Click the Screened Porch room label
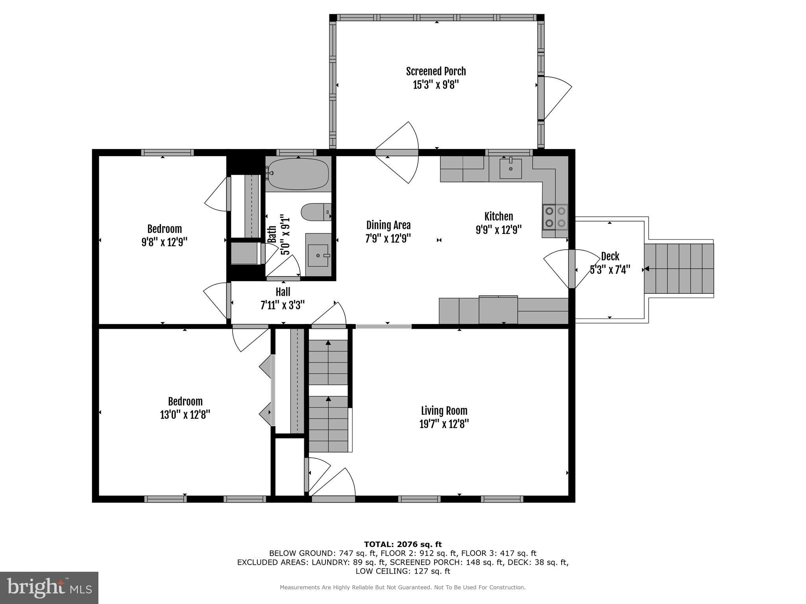click(436, 72)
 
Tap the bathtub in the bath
click(298, 173)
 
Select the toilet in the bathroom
click(315, 212)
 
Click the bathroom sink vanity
click(318, 255)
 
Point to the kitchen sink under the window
click(510, 168)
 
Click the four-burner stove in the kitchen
click(555, 217)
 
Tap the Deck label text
click(610, 256)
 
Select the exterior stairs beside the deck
click(679, 269)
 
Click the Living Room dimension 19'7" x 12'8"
click(444, 424)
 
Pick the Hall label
click(283, 292)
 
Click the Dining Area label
click(388, 225)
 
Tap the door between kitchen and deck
click(571, 269)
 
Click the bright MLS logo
click(49, 587)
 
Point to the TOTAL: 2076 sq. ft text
click(403, 544)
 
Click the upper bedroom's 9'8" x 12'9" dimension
click(164, 242)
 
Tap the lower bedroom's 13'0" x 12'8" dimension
click(185, 415)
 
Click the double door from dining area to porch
click(396, 153)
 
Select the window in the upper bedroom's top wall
click(167, 153)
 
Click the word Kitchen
click(498, 216)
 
